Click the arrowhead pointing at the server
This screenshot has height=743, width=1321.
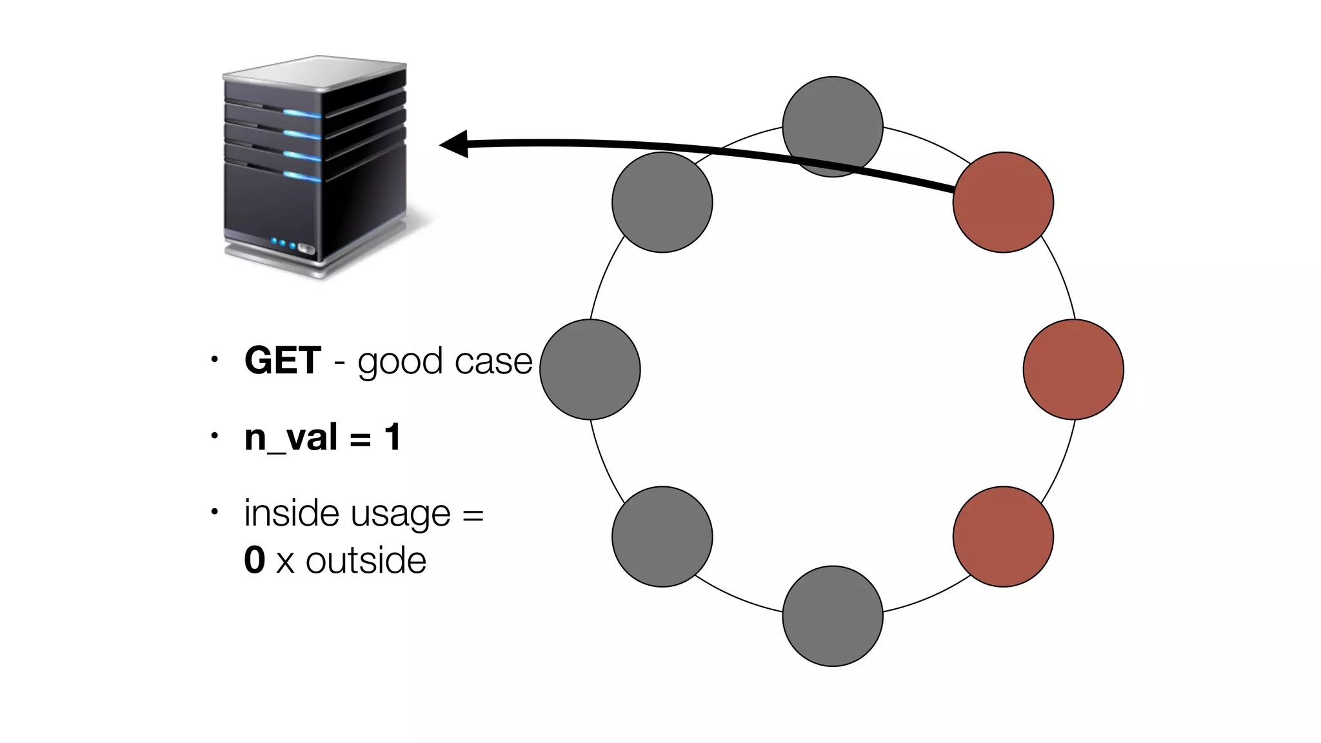click(x=454, y=144)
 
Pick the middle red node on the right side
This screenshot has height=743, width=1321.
click(x=1073, y=369)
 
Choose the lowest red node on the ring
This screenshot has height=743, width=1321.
click(x=1003, y=536)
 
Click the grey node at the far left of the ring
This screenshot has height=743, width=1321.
click(x=590, y=369)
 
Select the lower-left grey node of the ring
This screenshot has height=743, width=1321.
click(x=662, y=536)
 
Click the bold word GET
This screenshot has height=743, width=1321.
click(x=283, y=360)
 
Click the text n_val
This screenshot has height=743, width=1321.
click(x=291, y=437)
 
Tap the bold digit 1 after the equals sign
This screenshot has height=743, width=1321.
click(x=392, y=437)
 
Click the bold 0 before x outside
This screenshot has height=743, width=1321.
click(x=255, y=559)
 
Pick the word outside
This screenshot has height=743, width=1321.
click(x=366, y=560)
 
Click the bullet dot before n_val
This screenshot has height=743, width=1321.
click(x=215, y=436)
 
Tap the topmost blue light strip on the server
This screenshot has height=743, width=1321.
click(x=302, y=114)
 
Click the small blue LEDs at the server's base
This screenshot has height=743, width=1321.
click(x=283, y=243)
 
